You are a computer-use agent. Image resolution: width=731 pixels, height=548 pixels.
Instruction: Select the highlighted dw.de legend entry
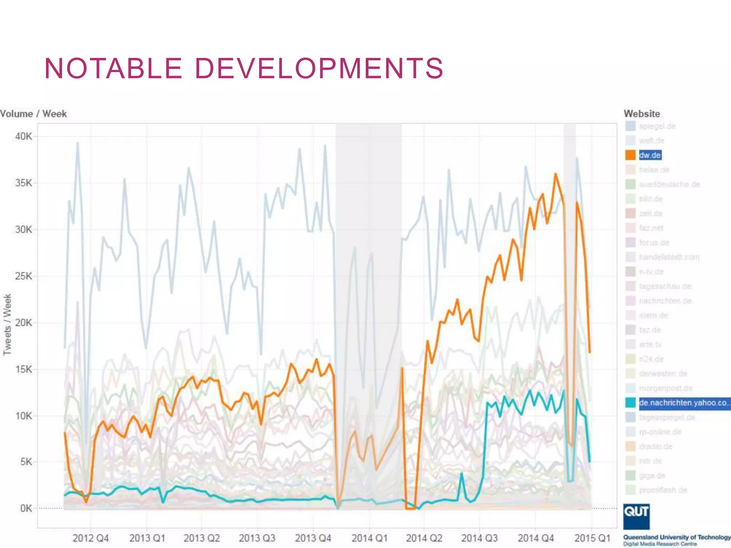[x=650, y=155]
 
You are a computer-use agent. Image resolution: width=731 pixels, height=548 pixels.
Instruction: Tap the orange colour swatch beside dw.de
[x=630, y=155]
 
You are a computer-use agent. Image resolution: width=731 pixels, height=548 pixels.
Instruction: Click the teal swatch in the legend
[x=630, y=403]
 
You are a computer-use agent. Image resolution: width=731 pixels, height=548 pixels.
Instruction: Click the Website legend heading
[x=641, y=114]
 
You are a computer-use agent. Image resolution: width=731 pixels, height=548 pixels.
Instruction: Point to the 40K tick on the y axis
[x=24, y=136]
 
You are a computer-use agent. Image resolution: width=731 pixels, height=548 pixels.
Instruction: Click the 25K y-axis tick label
[x=24, y=276]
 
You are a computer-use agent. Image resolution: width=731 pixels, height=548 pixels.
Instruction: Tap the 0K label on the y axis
[x=26, y=508]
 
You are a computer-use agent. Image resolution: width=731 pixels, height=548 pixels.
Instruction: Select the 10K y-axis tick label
[x=24, y=416]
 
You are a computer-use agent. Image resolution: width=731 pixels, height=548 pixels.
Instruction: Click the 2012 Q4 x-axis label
[x=90, y=538]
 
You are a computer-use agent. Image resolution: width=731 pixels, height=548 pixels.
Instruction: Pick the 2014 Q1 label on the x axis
[x=369, y=538]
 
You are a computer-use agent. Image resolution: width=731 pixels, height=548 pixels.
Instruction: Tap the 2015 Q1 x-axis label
[x=592, y=538]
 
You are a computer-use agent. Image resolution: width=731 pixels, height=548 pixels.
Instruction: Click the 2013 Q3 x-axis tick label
[x=257, y=538]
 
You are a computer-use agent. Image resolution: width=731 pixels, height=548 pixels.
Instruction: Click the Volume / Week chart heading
[x=33, y=114]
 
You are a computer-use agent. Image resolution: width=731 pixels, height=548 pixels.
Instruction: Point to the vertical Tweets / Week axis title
[x=7, y=324]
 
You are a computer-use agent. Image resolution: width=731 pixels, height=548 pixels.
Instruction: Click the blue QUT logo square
[x=636, y=516]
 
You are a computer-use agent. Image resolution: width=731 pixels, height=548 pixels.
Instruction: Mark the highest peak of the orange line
[x=555, y=174]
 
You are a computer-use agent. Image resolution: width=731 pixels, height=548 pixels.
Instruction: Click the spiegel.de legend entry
[x=657, y=126]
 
